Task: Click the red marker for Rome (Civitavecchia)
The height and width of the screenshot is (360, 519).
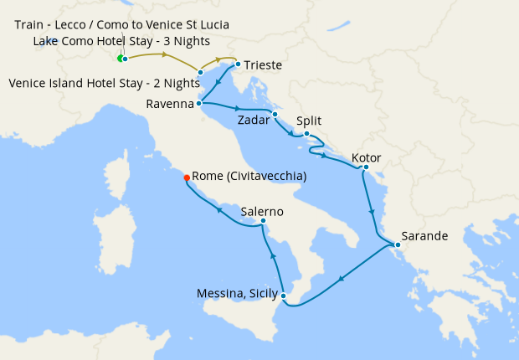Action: click(187, 177)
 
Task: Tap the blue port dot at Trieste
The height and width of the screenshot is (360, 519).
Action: click(238, 64)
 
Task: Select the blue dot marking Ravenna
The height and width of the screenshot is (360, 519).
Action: click(198, 104)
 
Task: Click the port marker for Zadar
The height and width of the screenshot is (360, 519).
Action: click(275, 114)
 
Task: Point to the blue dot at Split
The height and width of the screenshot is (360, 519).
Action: click(306, 134)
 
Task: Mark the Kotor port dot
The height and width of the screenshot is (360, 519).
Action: click(366, 167)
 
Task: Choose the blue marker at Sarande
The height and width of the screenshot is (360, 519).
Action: click(398, 244)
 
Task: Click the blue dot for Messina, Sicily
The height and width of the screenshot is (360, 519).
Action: click(284, 296)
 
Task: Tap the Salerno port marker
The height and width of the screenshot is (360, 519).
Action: click(263, 221)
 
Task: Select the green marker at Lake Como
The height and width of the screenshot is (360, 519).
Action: click(120, 58)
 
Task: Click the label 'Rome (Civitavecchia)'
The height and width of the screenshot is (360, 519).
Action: click(249, 177)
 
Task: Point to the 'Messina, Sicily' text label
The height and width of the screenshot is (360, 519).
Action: click(237, 293)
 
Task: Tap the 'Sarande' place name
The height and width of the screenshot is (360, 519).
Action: click(424, 236)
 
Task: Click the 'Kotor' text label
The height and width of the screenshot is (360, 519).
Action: click(367, 157)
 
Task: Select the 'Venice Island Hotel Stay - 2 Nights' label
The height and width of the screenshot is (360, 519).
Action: click(103, 83)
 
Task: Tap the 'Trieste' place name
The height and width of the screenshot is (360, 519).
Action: click(263, 65)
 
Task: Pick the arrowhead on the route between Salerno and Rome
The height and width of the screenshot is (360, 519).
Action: click(220, 209)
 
